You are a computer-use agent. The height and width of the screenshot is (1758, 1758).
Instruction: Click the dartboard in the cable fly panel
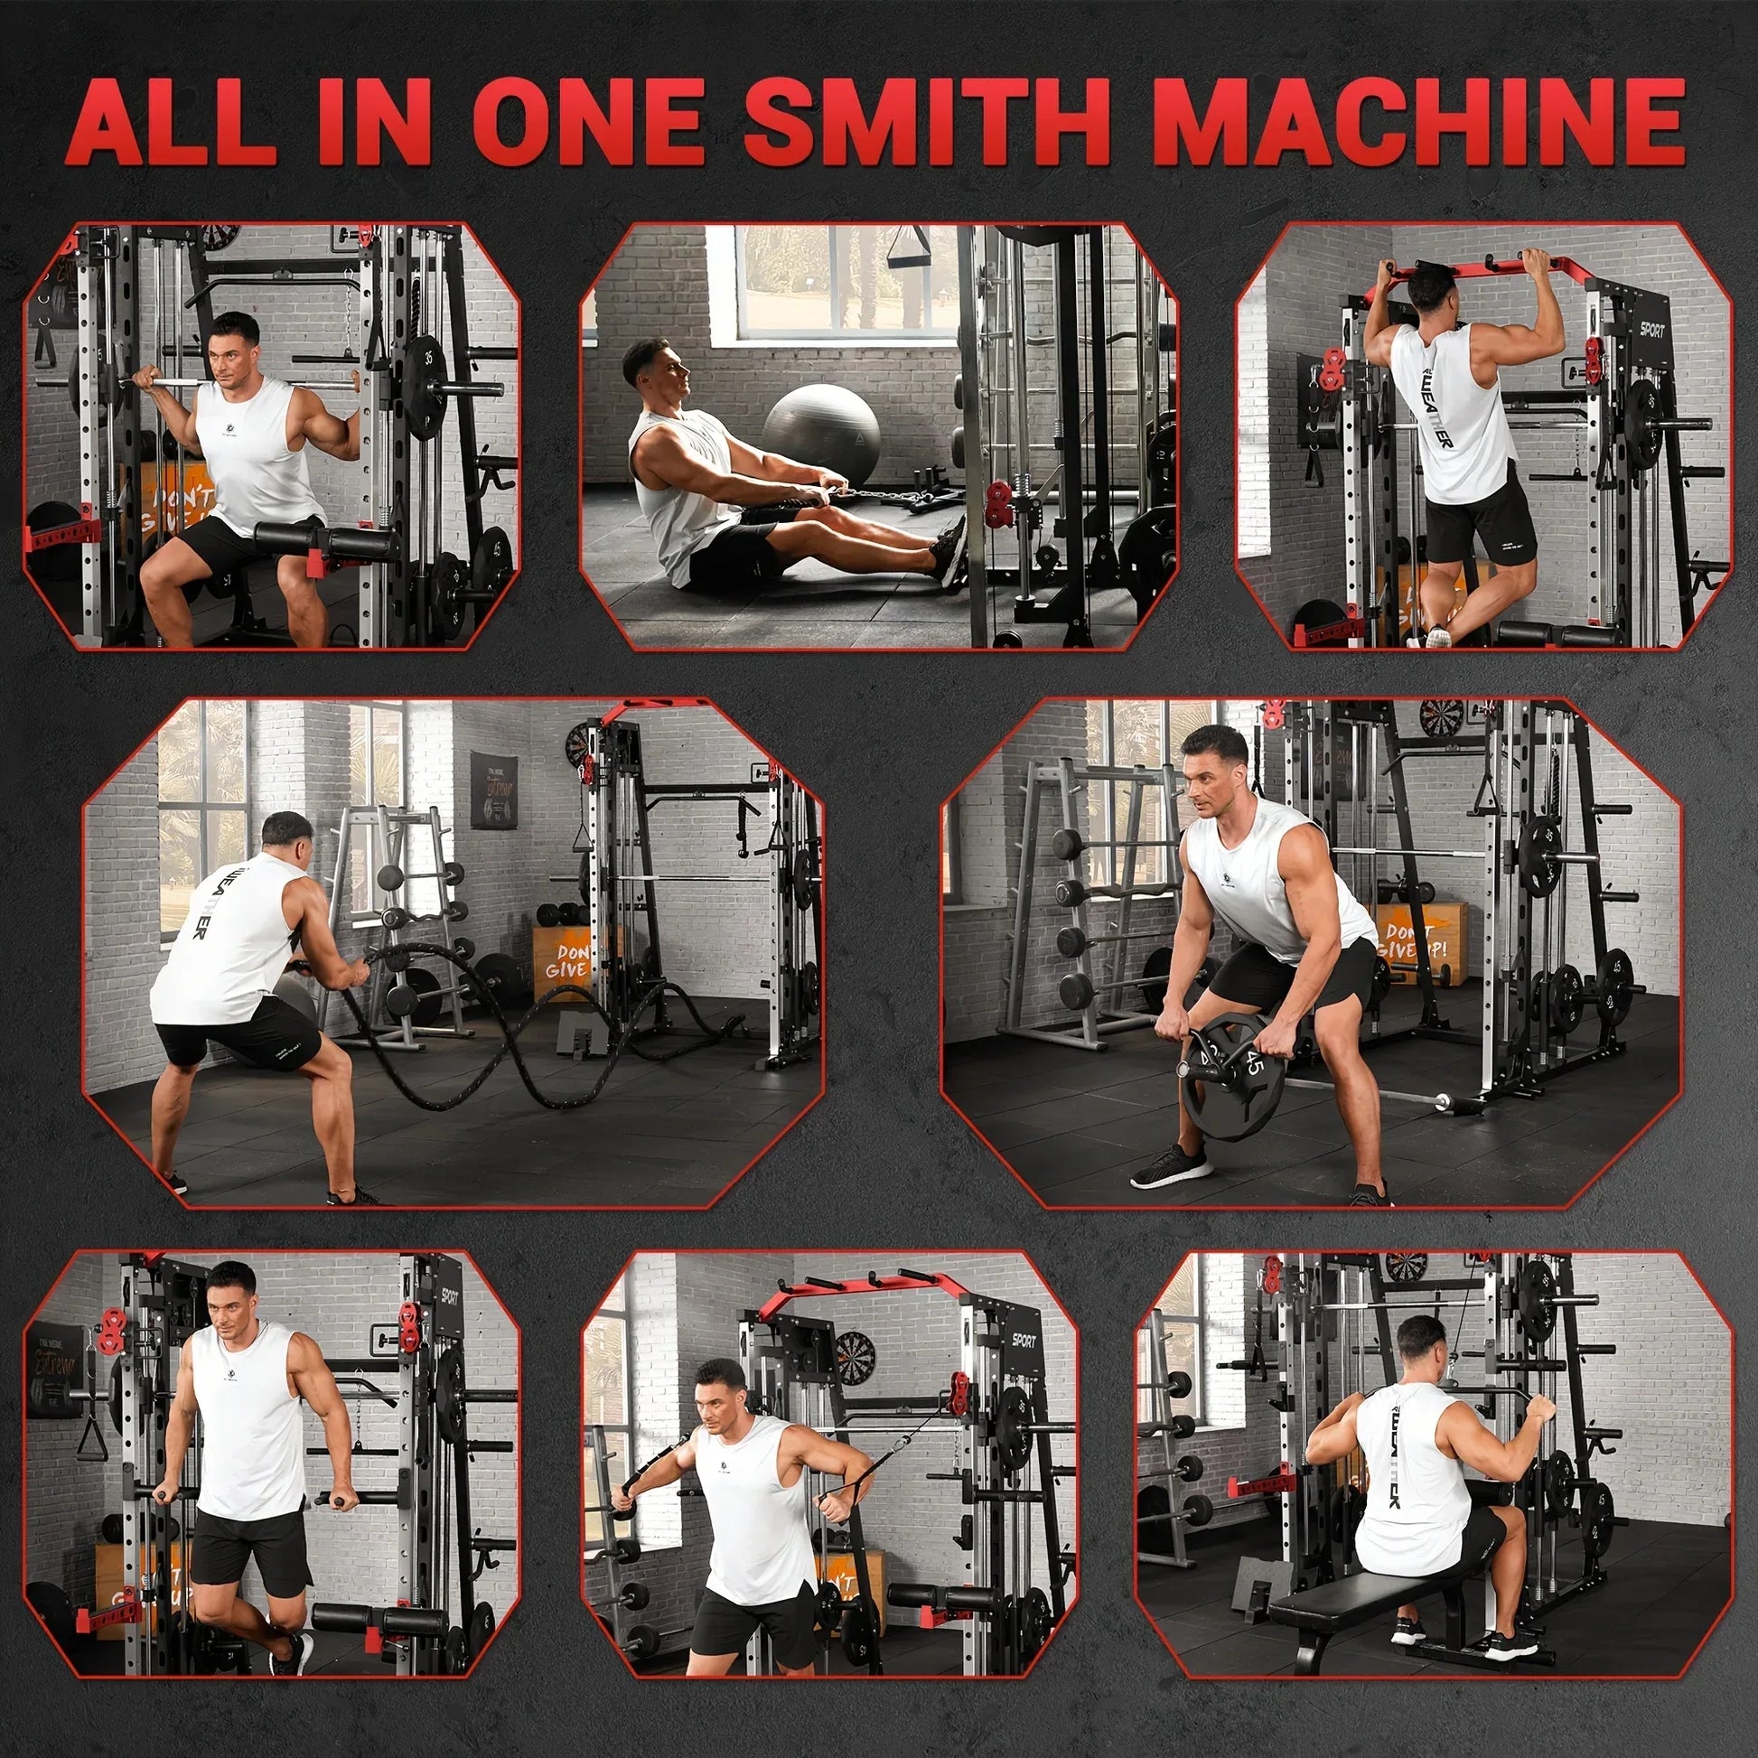[855, 1355]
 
